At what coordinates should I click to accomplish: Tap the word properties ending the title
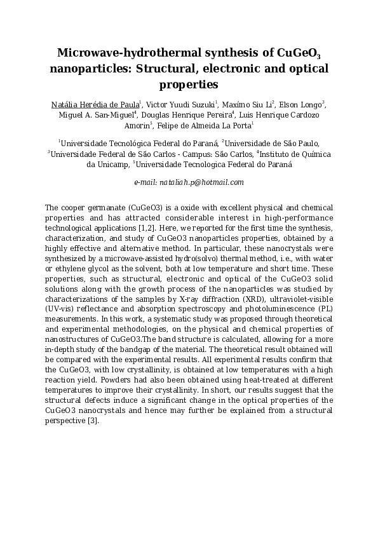click(x=189, y=83)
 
